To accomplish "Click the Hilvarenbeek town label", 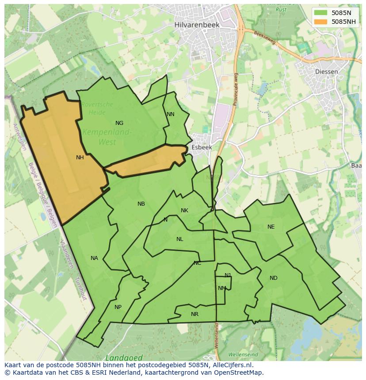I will click(197, 25).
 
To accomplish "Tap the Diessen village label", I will click(326, 71).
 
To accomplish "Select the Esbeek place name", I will click(202, 147).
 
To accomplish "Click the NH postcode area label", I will click(80, 158).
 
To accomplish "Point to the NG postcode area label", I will click(119, 123).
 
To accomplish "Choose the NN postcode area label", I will click(171, 114).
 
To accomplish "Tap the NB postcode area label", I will click(141, 204).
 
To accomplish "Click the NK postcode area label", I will click(184, 211).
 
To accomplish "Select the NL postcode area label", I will click(179, 239).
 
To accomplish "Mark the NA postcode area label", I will click(94, 258).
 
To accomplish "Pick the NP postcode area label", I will click(118, 307).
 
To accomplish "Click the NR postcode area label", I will click(194, 314).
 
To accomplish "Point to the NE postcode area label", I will click(271, 227).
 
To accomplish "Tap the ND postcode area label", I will click(274, 278).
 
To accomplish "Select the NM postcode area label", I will click(222, 288).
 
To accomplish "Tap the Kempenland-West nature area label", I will click(107, 137).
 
